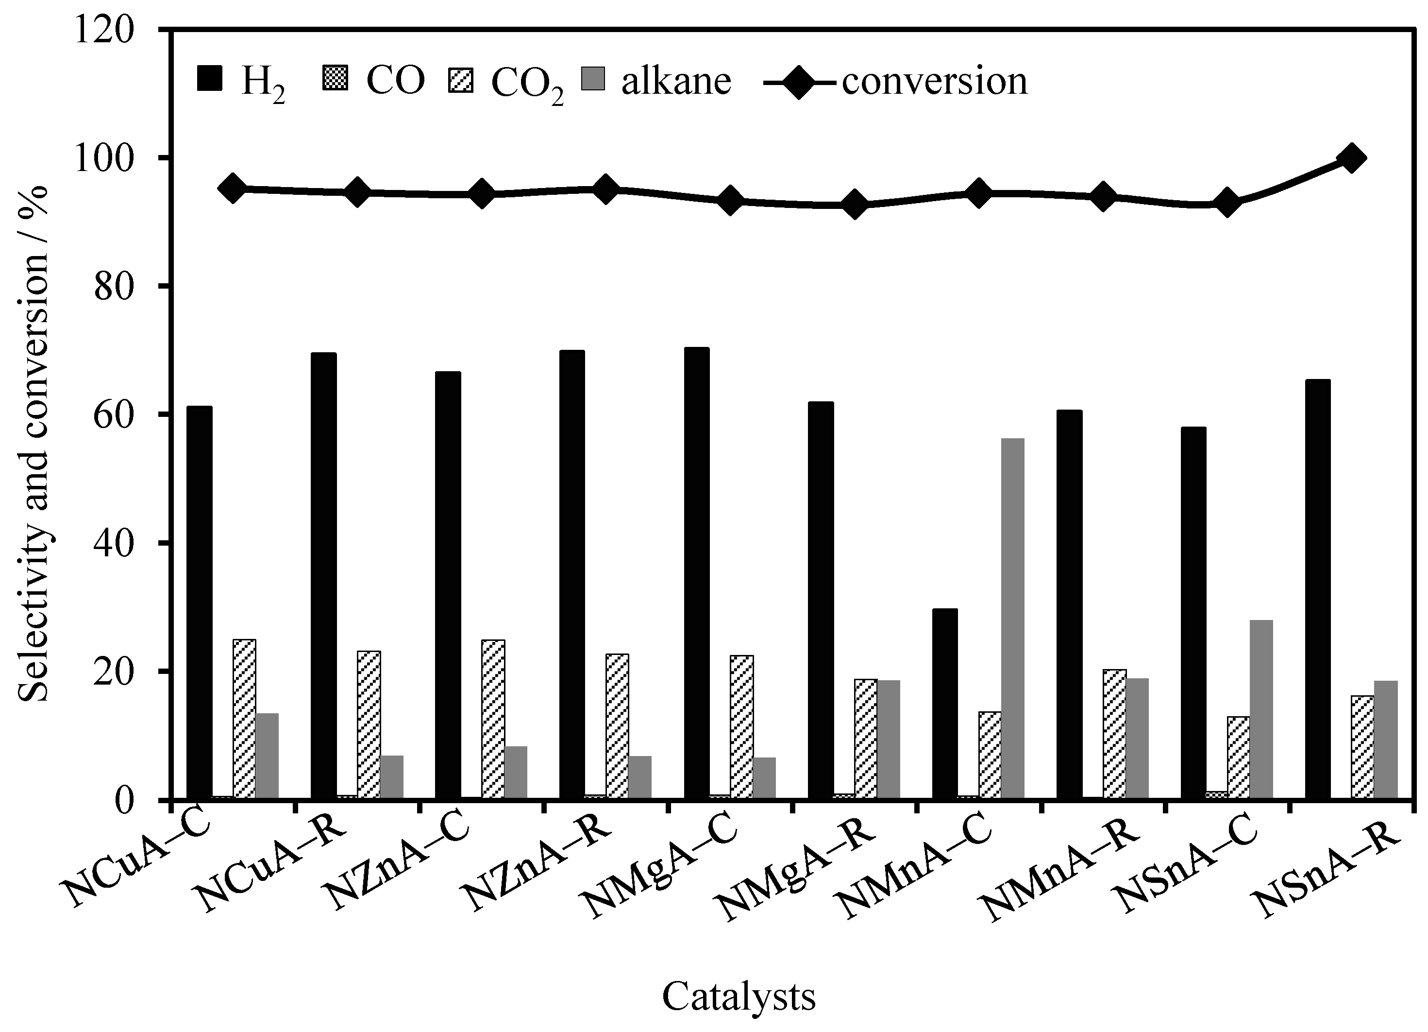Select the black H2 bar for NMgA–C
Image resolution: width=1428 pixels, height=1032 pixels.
[696, 573]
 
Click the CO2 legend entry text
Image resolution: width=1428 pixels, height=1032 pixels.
[527, 84]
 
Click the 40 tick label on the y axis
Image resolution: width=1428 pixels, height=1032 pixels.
[113, 544]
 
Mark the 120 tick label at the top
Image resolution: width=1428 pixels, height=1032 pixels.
[104, 30]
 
